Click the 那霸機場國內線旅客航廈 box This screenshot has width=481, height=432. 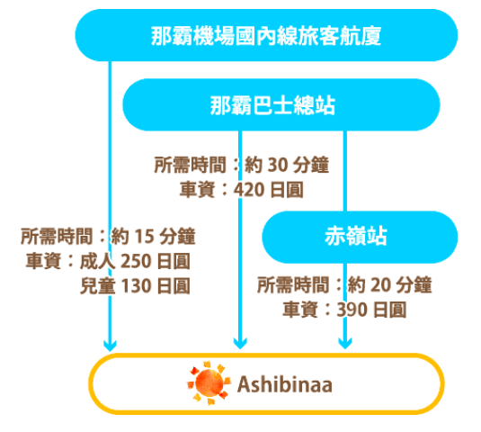(266, 35)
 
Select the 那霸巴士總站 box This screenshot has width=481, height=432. (281, 104)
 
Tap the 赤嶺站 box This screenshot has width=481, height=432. (360, 237)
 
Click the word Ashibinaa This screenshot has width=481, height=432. (285, 384)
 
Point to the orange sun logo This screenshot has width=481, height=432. (209, 383)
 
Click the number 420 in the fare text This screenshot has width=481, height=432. (249, 190)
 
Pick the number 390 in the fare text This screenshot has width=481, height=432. (352, 310)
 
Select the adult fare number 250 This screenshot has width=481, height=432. (135, 261)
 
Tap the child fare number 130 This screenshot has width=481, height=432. (135, 286)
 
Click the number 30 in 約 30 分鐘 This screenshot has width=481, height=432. (278, 165)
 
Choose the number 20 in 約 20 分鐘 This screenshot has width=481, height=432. (380, 285)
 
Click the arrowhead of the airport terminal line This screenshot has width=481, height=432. (110, 346)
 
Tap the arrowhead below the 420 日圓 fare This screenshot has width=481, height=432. (240, 343)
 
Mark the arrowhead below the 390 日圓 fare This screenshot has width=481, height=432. (345, 343)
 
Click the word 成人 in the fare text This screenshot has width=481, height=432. (98, 261)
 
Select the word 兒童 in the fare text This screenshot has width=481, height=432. (98, 286)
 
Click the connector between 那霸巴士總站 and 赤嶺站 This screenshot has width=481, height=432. (345, 171)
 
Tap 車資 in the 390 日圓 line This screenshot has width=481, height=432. (300, 310)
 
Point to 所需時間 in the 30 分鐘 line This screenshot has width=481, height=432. (191, 165)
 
